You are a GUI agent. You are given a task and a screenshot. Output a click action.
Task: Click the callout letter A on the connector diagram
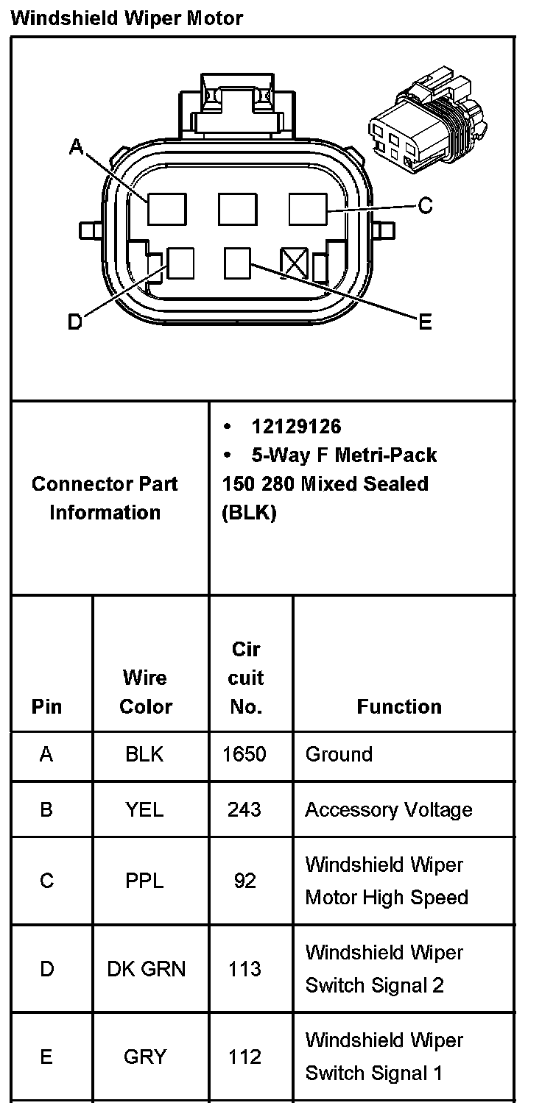[76, 147]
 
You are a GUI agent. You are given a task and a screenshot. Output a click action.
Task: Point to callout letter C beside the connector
[425, 206]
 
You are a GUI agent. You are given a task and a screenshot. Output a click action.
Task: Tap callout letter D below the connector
[74, 322]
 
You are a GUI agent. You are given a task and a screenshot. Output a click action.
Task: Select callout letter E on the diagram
[425, 322]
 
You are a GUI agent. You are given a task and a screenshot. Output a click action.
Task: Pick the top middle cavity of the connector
[237, 209]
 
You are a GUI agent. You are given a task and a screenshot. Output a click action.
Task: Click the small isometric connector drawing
[425, 125]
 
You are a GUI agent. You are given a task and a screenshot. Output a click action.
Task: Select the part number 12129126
[296, 427]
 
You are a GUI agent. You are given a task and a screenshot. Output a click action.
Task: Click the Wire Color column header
[145, 692]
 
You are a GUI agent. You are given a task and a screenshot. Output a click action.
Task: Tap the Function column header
[399, 706]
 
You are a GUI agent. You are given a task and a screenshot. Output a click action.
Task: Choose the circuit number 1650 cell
[244, 754]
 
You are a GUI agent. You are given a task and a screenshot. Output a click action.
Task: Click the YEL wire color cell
[144, 809]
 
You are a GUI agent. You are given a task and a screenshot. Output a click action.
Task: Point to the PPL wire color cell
[144, 881]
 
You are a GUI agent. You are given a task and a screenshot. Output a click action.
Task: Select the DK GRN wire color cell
[146, 969]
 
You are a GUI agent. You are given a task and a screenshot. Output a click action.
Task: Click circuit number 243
[244, 809]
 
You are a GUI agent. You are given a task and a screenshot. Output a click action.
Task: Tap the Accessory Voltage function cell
[389, 809]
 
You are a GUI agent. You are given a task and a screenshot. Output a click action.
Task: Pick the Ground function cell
[339, 754]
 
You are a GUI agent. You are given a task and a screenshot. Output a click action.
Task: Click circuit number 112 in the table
[244, 1057]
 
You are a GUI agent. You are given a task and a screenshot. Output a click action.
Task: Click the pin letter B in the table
[46, 809]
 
